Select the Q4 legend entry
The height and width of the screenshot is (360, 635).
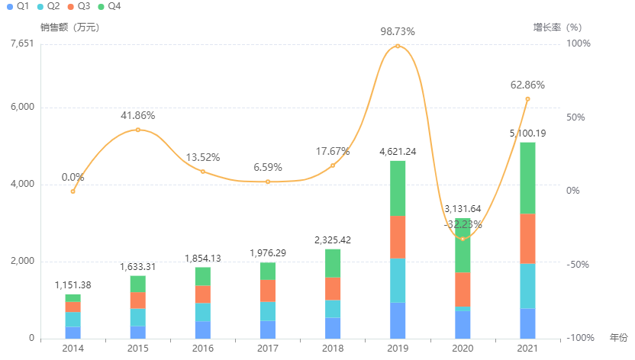click(108, 6)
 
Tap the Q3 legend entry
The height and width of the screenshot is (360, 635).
click(77, 6)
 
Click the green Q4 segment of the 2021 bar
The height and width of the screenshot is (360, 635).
click(527, 178)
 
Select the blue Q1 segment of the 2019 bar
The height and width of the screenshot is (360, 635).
click(398, 320)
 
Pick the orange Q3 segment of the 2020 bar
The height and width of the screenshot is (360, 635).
click(463, 289)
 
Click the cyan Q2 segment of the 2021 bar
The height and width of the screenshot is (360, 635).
click(527, 286)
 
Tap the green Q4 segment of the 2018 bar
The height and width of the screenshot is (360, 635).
click(333, 263)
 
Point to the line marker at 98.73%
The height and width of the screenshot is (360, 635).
click(398, 46)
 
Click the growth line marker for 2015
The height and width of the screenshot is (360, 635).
click(138, 130)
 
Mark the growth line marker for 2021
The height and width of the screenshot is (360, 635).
click(527, 99)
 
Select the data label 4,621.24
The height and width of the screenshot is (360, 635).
click(398, 152)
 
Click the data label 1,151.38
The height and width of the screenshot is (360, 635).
click(73, 285)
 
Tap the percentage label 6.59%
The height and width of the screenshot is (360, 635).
click(268, 167)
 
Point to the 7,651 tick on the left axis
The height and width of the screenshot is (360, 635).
click(22, 43)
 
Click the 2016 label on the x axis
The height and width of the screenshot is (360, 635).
click(203, 349)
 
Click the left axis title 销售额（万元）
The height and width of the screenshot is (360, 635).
click(69, 27)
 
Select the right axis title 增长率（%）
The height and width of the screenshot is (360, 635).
click(557, 27)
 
